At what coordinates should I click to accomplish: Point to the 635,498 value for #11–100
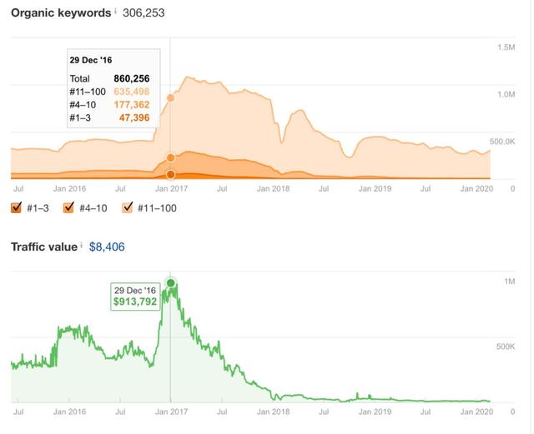coord(132,92)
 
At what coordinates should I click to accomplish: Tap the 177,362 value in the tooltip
coord(132,105)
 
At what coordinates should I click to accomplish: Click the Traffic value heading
coord(43,247)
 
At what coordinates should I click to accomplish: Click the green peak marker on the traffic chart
coord(171,283)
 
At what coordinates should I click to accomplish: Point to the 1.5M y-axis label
coord(506,47)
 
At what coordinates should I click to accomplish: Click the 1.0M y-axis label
coord(506,95)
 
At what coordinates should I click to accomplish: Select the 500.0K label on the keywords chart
coord(502,142)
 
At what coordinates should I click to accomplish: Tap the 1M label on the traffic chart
coord(510,282)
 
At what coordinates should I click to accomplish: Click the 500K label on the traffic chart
coord(506,345)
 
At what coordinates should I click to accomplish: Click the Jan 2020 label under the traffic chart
coord(478,412)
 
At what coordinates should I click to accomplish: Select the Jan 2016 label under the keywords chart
coord(69,189)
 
